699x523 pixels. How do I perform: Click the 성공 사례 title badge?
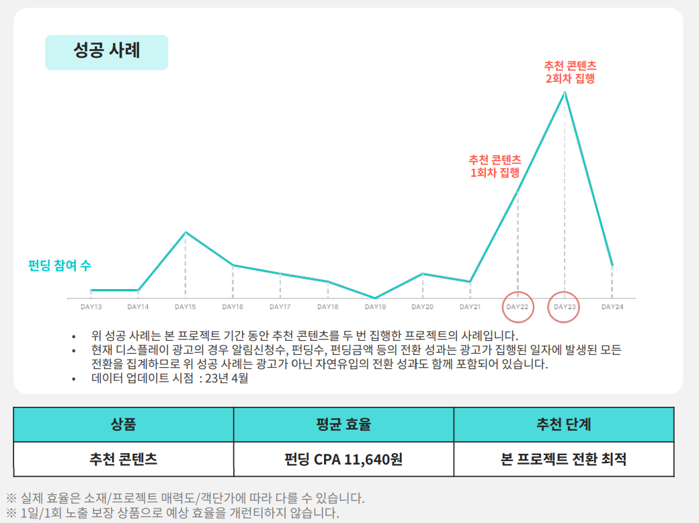pyautogui.click(x=106, y=52)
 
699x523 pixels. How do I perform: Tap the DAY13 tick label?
pyautogui.click(x=91, y=307)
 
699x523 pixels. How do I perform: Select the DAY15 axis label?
pyautogui.click(x=186, y=307)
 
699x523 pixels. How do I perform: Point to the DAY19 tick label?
pyautogui.click(x=375, y=307)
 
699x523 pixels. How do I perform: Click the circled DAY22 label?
pyautogui.click(x=518, y=307)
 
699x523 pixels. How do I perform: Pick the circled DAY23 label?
pyautogui.click(x=565, y=307)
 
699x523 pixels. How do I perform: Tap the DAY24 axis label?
pyautogui.click(x=612, y=307)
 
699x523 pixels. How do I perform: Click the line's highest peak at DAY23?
pyautogui.click(x=565, y=92)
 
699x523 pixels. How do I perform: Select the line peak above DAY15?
pyautogui.click(x=186, y=233)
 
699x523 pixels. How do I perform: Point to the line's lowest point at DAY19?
pyautogui.click(x=375, y=298)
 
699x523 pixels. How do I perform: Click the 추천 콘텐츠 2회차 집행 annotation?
pyautogui.click(x=570, y=72)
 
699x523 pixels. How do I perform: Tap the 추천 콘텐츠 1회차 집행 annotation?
pyautogui.click(x=495, y=166)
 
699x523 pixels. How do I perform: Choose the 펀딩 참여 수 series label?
pyautogui.click(x=59, y=265)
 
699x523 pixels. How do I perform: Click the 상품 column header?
pyautogui.click(x=123, y=424)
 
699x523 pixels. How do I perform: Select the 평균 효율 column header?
pyautogui.click(x=343, y=424)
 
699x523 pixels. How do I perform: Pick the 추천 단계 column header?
pyautogui.click(x=563, y=424)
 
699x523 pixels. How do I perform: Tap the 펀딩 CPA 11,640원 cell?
pyautogui.click(x=343, y=460)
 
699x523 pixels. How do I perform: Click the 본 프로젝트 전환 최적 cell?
pyautogui.click(x=563, y=460)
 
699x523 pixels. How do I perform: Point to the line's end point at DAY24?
pyautogui.click(x=612, y=264)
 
